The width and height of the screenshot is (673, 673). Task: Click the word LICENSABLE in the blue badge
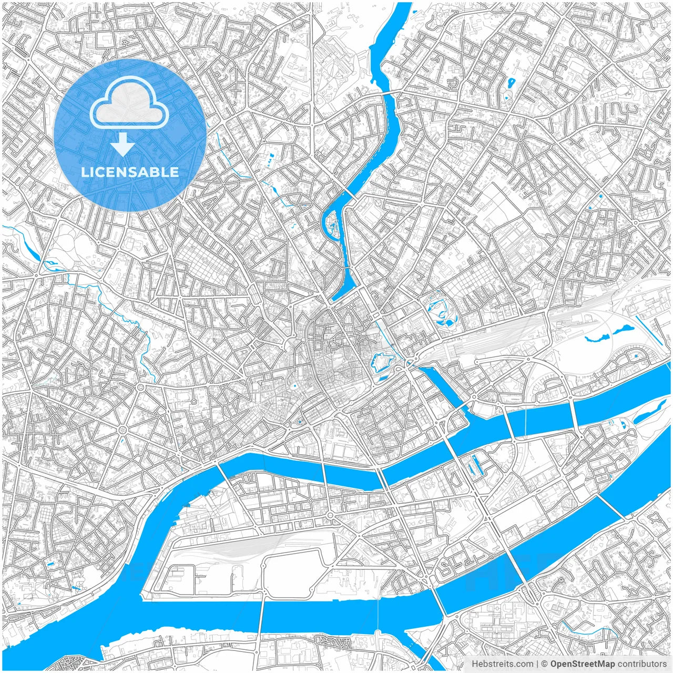coord(130,172)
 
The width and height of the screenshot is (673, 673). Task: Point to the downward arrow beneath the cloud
coord(123,144)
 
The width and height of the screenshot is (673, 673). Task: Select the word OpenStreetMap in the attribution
coord(583,664)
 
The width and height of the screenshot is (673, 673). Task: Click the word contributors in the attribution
coord(642,664)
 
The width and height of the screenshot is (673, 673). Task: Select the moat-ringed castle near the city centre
coord(383,362)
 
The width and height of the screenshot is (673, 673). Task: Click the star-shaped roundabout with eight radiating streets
coord(123,430)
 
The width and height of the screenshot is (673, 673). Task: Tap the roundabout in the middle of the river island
coord(330,515)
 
